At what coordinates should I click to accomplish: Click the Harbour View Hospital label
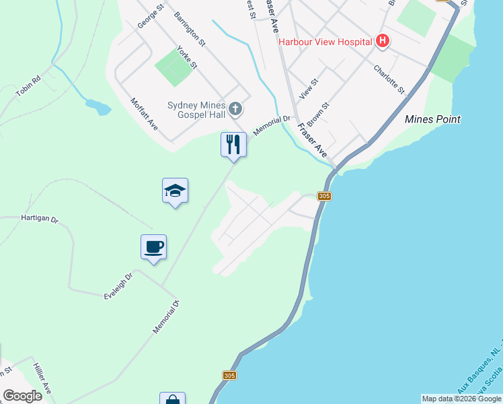325,42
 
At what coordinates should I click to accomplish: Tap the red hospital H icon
382,42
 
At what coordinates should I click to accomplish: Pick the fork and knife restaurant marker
233,144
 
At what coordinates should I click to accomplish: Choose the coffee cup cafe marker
154,247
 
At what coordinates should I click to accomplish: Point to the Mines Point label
433,119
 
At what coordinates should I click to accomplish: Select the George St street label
151,17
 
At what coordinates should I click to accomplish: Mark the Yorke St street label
186,57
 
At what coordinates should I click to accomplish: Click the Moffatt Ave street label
144,113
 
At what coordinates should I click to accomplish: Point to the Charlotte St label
389,80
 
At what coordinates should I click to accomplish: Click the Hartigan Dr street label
40,219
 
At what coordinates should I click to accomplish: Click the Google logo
22,395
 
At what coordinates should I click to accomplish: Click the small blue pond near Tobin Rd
98,106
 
